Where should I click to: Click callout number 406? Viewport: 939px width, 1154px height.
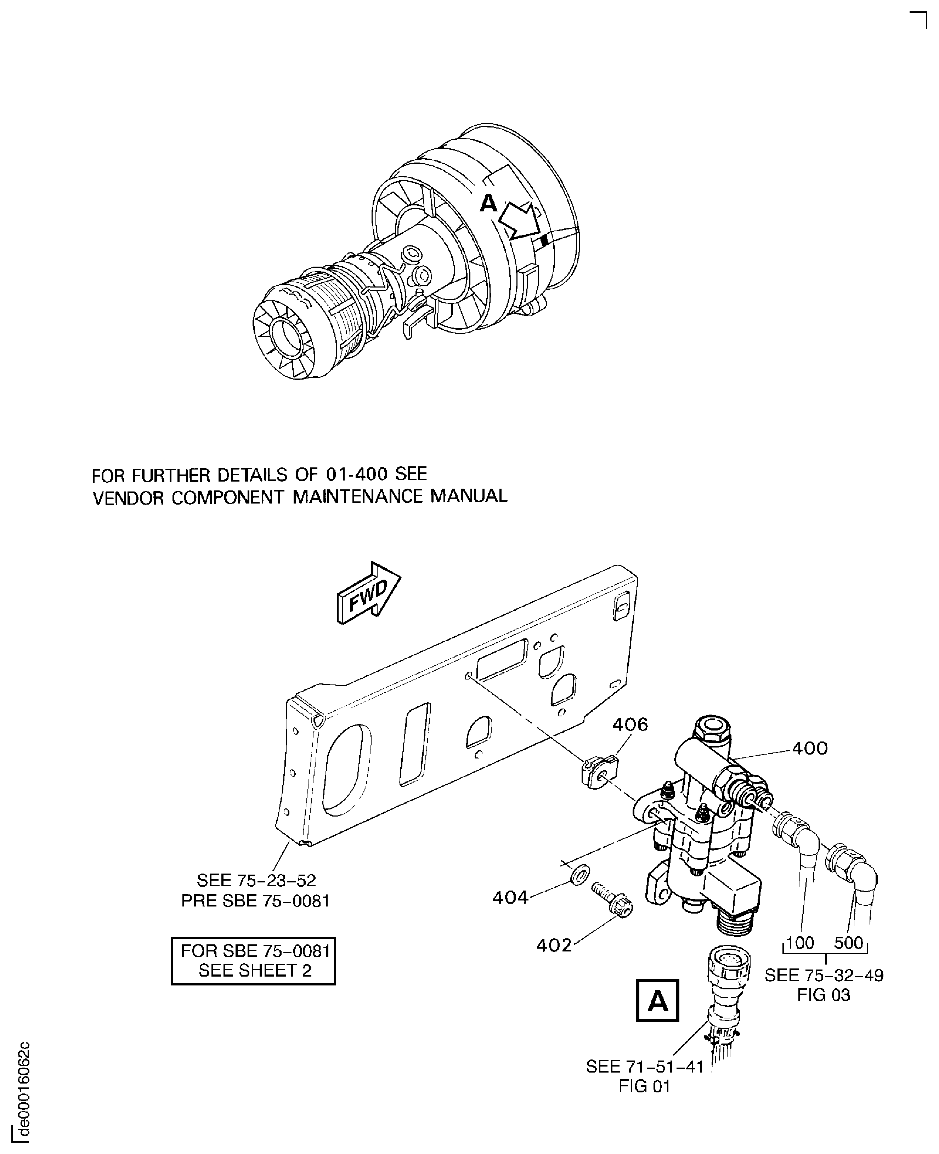pyautogui.click(x=630, y=724)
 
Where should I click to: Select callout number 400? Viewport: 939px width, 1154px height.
pyautogui.click(x=810, y=749)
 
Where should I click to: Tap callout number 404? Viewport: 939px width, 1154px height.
pyautogui.click(x=510, y=898)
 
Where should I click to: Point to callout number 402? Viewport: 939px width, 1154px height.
pyautogui.click(x=554, y=945)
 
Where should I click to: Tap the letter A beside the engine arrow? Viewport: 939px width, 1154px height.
pyautogui.click(x=488, y=203)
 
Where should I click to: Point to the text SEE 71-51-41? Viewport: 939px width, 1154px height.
pyautogui.click(x=645, y=1067)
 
